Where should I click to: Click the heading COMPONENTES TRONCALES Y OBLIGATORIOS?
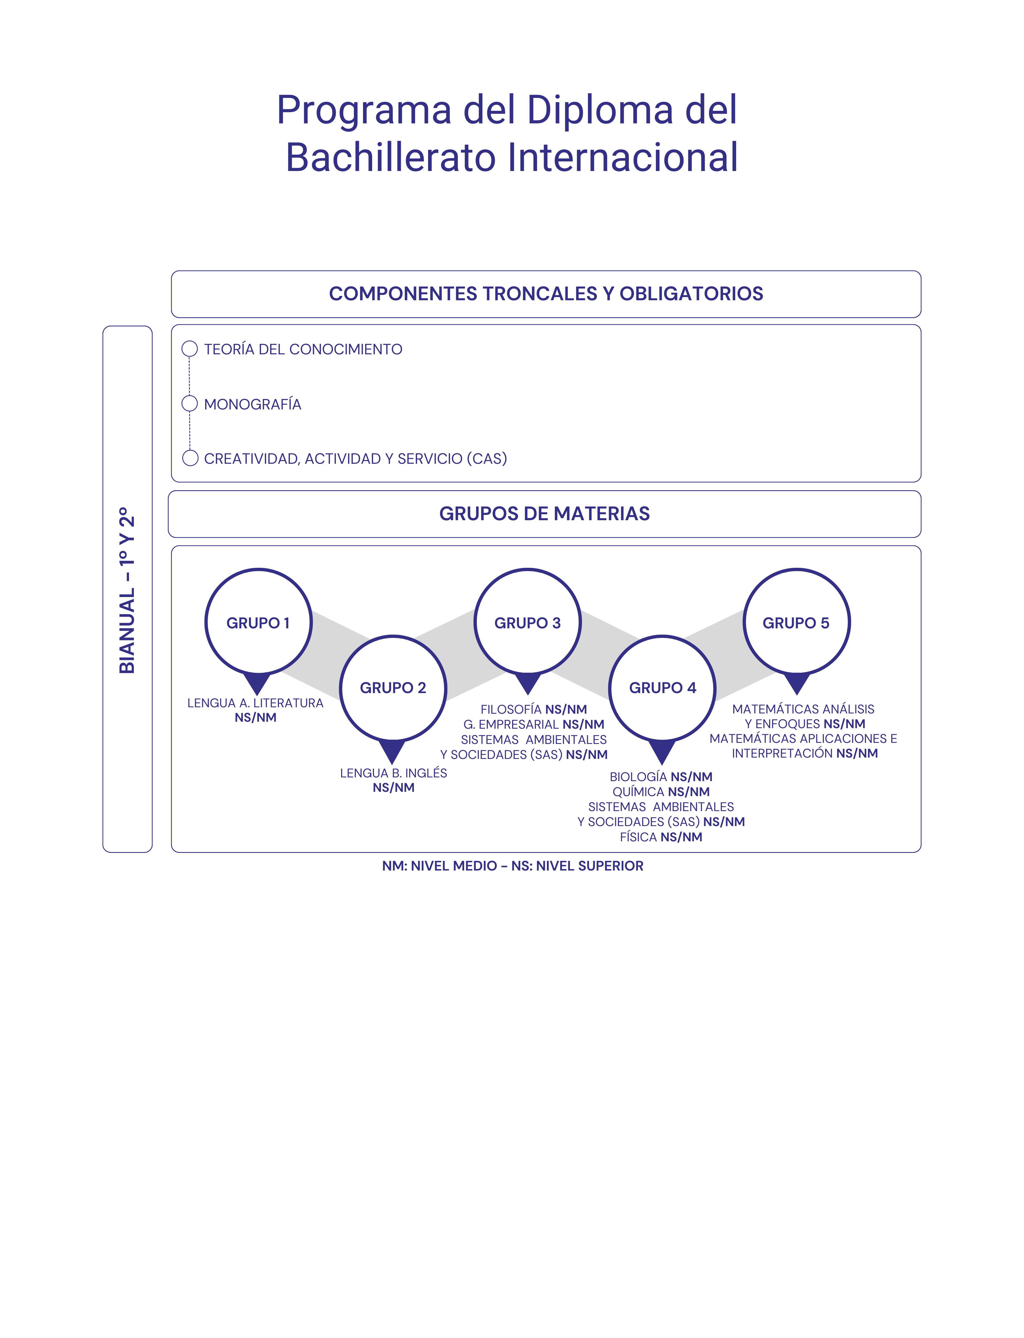[x=546, y=294]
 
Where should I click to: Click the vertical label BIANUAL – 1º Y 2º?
[x=127, y=590]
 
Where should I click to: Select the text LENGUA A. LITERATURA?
[x=255, y=703]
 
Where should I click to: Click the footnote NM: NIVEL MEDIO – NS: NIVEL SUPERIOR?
[x=513, y=866]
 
